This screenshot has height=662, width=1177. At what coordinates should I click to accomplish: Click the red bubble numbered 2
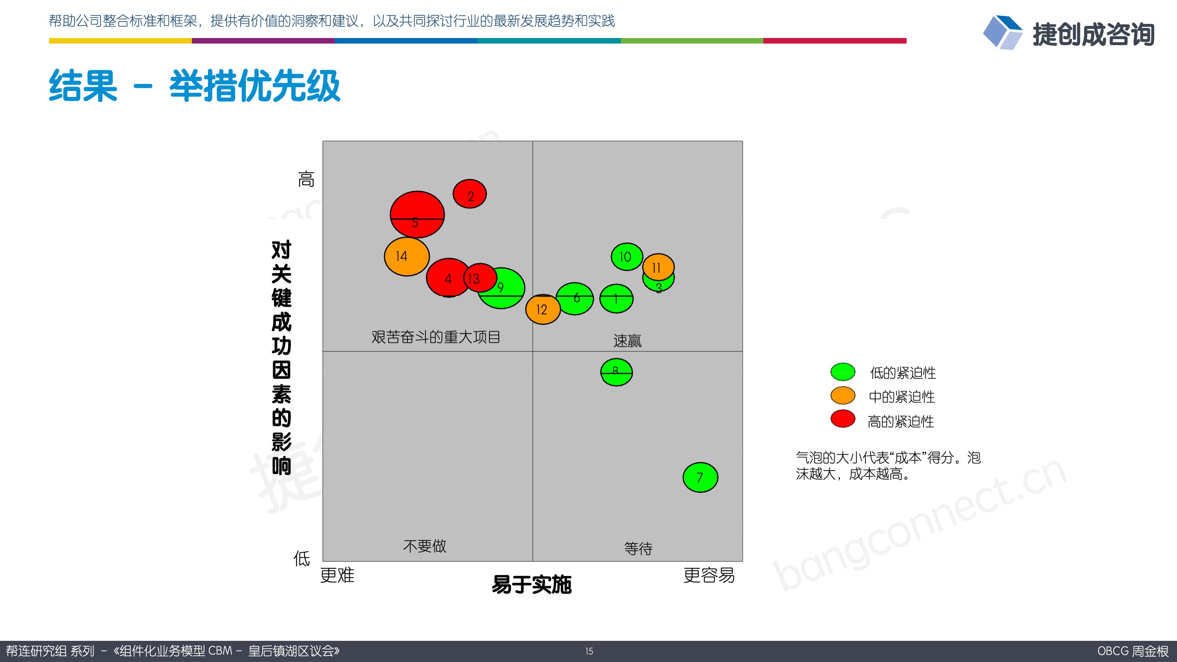click(470, 194)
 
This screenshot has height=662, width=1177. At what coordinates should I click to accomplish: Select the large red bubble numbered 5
click(417, 214)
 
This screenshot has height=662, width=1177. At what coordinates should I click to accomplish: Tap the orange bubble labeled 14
click(407, 256)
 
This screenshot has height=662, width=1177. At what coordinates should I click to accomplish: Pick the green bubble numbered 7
click(701, 478)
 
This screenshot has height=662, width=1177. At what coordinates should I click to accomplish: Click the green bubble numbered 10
click(627, 256)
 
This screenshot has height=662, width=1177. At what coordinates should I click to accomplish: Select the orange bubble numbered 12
click(543, 309)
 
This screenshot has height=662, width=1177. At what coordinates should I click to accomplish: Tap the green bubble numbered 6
click(575, 298)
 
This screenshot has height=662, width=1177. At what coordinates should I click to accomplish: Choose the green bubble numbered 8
click(617, 373)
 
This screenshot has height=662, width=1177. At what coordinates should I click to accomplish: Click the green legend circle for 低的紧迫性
click(843, 372)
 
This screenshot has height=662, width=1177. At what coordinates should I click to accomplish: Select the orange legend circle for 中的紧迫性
click(843, 396)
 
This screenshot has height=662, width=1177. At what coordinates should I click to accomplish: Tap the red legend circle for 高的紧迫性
click(843, 419)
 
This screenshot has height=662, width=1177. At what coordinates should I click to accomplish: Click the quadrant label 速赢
click(627, 340)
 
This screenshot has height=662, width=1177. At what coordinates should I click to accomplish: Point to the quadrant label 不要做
click(425, 546)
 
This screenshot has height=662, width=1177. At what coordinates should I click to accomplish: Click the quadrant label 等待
click(638, 548)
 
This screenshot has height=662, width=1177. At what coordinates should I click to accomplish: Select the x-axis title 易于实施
click(531, 584)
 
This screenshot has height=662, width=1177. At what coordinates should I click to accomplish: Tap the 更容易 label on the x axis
click(709, 575)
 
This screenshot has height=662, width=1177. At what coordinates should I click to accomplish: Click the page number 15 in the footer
click(589, 651)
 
